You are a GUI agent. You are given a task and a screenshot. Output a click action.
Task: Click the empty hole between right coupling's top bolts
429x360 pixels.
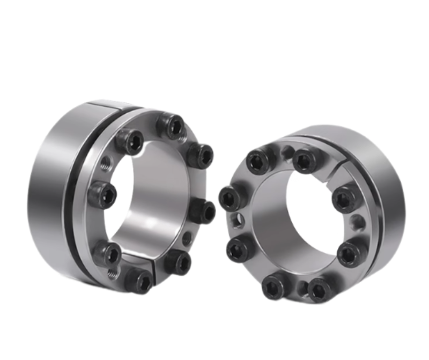(x=279, y=152)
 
